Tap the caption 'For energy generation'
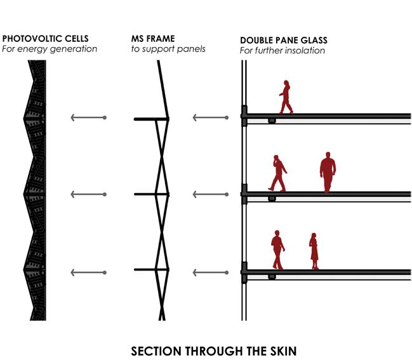(50, 49)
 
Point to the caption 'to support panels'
(168, 49)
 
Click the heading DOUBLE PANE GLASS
(284, 40)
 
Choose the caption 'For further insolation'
(282, 50)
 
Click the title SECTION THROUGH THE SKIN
(213, 350)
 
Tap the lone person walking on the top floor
(286, 97)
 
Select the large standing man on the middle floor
(328, 172)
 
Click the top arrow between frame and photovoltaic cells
(88, 117)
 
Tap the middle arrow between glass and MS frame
(209, 194)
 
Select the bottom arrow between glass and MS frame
(209, 272)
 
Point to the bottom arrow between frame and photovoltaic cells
(88, 272)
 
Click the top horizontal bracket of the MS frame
(150, 119)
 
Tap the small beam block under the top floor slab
(272, 121)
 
